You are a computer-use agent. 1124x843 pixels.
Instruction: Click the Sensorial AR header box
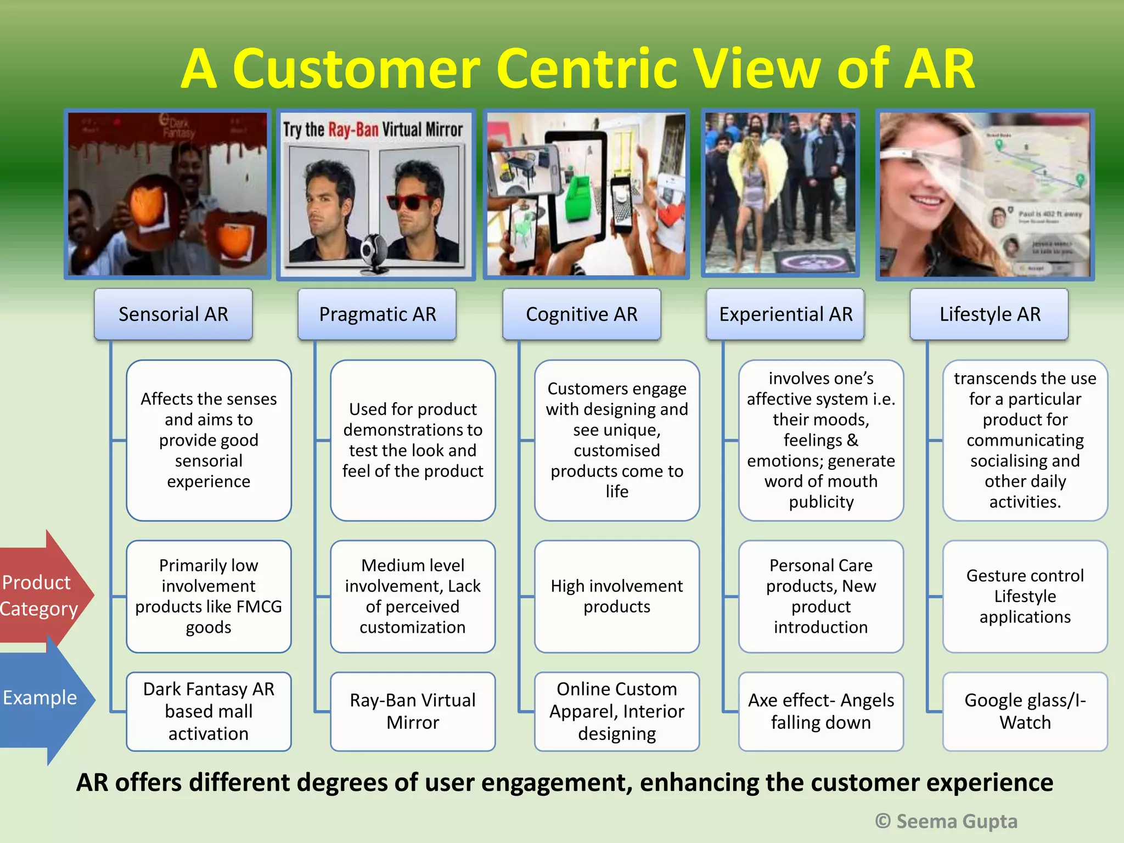pyautogui.click(x=173, y=314)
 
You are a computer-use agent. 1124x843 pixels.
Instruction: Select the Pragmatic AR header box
pyautogui.click(x=377, y=314)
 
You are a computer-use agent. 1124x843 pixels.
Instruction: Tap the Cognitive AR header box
pyautogui.click(x=581, y=314)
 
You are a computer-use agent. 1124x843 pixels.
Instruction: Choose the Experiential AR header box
pyautogui.click(x=785, y=314)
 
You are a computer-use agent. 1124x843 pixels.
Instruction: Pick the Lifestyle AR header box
pyautogui.click(x=990, y=314)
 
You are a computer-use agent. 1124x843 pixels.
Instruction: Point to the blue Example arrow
pyautogui.click(x=41, y=698)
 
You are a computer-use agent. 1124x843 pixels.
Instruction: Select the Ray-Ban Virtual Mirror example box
pyautogui.click(x=413, y=711)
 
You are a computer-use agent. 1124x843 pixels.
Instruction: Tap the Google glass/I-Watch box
pyautogui.click(x=1025, y=711)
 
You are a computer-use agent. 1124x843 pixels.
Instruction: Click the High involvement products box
pyautogui.click(x=616, y=597)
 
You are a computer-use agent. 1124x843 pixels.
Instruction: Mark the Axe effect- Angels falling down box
pyautogui.click(x=820, y=711)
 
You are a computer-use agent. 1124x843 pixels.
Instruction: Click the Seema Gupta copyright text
pyautogui.click(x=947, y=821)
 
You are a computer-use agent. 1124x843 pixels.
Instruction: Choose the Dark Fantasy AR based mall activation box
pyautogui.click(x=209, y=711)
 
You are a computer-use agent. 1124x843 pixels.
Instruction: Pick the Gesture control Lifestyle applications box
pyautogui.click(x=1025, y=597)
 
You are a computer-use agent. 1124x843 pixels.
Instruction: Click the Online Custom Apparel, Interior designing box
pyautogui.click(x=616, y=711)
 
